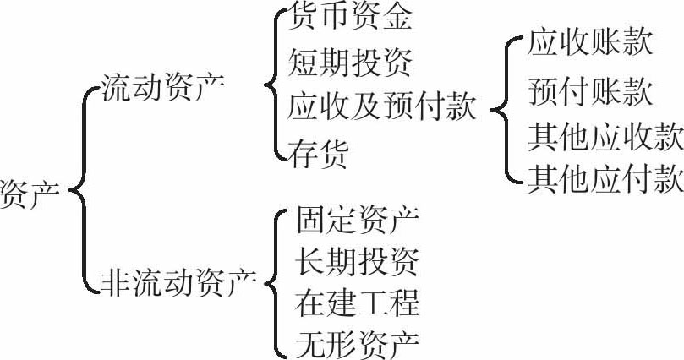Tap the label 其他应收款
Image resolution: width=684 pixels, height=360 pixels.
point(605,134)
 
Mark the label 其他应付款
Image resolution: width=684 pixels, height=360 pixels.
point(605,178)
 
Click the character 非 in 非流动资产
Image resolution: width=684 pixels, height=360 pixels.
point(115,281)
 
